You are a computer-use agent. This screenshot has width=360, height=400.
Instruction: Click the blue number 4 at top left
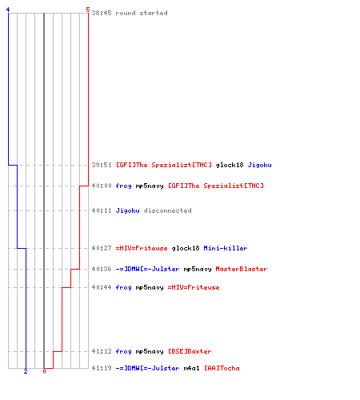click(8, 10)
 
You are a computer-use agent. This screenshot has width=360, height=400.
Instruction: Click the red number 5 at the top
click(88, 10)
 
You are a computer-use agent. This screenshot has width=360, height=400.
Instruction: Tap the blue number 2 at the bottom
click(26, 371)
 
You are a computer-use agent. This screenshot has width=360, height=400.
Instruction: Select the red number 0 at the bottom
click(44, 371)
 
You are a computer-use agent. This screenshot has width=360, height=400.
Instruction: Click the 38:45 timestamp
click(102, 13)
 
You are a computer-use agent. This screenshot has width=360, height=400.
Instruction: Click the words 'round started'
click(142, 13)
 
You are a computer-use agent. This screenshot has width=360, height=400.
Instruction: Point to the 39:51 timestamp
click(102, 165)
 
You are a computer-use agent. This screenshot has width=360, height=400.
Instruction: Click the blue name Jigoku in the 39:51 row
click(259, 165)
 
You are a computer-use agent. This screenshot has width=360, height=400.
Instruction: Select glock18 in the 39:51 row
click(230, 165)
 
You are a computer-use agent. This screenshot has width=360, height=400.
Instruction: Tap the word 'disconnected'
click(167, 210)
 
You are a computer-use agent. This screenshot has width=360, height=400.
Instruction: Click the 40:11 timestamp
click(102, 210)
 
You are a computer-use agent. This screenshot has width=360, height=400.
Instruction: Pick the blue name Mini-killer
click(226, 248)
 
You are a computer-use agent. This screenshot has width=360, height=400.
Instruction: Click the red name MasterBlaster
click(242, 269)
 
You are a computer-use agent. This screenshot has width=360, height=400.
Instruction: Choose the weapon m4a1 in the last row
click(191, 368)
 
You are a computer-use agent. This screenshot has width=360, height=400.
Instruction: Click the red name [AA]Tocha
click(222, 368)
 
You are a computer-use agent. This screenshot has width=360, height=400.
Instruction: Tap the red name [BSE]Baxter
click(190, 351)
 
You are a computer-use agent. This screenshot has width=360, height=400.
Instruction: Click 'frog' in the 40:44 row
click(123, 287)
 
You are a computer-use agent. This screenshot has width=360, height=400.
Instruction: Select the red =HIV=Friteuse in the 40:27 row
click(142, 248)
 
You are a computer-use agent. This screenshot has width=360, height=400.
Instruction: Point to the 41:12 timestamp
click(102, 351)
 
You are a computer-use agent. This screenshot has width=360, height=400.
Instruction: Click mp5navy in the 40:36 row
click(198, 270)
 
